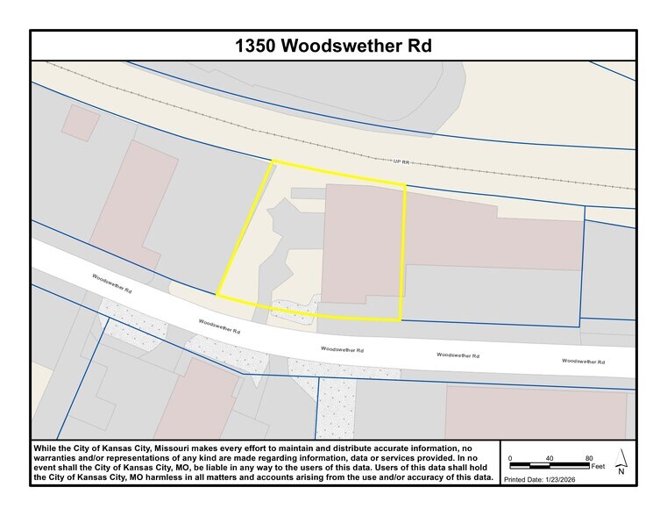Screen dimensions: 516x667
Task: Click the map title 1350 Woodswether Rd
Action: pyautogui.click(x=333, y=46)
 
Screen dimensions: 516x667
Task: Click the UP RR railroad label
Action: pyautogui.click(x=401, y=161)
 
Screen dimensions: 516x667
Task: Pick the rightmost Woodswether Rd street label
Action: pyautogui.click(x=583, y=361)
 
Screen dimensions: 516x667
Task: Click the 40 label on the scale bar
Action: pyautogui.click(x=550, y=458)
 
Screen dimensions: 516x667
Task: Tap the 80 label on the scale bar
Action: pyautogui.click(x=589, y=458)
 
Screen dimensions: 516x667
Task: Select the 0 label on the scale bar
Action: pyautogui.click(x=510, y=458)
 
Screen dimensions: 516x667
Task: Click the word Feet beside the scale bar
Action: pyautogui.click(x=599, y=467)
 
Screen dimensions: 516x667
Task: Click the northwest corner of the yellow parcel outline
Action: pyautogui.click(x=273, y=162)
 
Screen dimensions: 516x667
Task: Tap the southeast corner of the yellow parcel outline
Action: pyautogui.click(x=401, y=319)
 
